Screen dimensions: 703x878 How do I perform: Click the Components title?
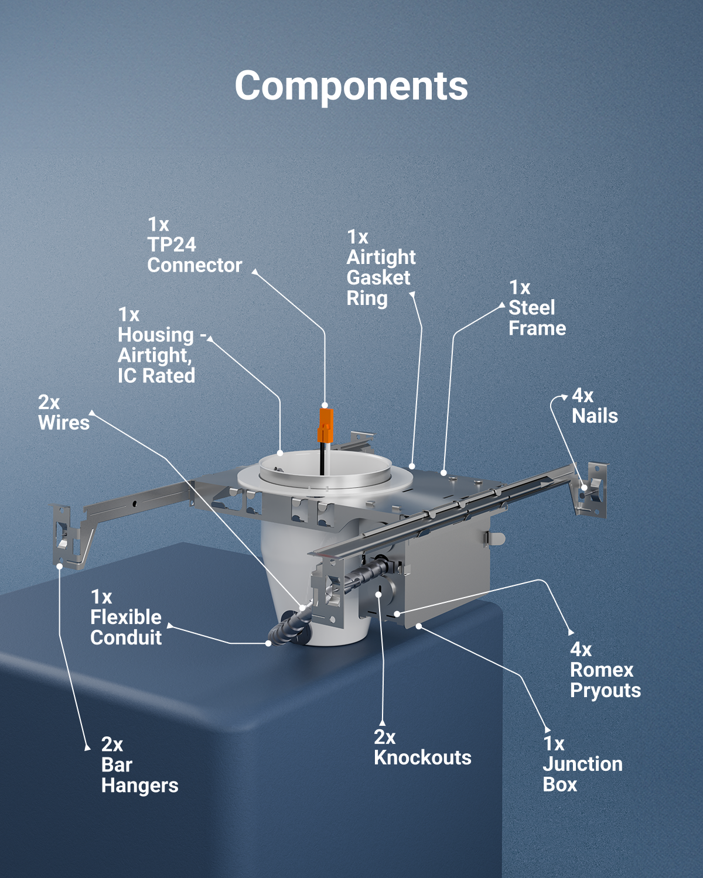(x=351, y=86)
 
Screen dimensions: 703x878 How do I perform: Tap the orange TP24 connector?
(x=326, y=426)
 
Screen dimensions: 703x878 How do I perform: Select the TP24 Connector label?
(x=194, y=245)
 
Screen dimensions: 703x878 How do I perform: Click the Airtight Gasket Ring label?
(x=381, y=267)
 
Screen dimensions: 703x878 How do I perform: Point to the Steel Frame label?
(x=537, y=308)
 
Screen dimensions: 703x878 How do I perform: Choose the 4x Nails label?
(x=595, y=406)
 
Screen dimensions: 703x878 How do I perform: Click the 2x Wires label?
(x=64, y=413)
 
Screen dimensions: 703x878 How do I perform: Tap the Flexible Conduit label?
(x=126, y=618)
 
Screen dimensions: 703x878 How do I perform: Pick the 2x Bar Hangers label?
(x=139, y=765)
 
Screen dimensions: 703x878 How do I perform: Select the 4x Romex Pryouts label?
(x=605, y=670)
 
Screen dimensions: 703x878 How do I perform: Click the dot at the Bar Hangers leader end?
(x=60, y=566)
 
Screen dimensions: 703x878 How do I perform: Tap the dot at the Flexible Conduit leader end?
(x=268, y=643)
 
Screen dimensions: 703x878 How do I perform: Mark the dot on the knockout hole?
(x=378, y=595)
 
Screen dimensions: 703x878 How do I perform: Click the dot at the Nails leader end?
(x=585, y=488)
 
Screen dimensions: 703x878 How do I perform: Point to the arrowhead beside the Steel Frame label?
(x=503, y=305)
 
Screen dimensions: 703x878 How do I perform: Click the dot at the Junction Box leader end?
(x=419, y=626)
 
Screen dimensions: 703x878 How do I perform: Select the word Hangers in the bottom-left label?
(x=139, y=786)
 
